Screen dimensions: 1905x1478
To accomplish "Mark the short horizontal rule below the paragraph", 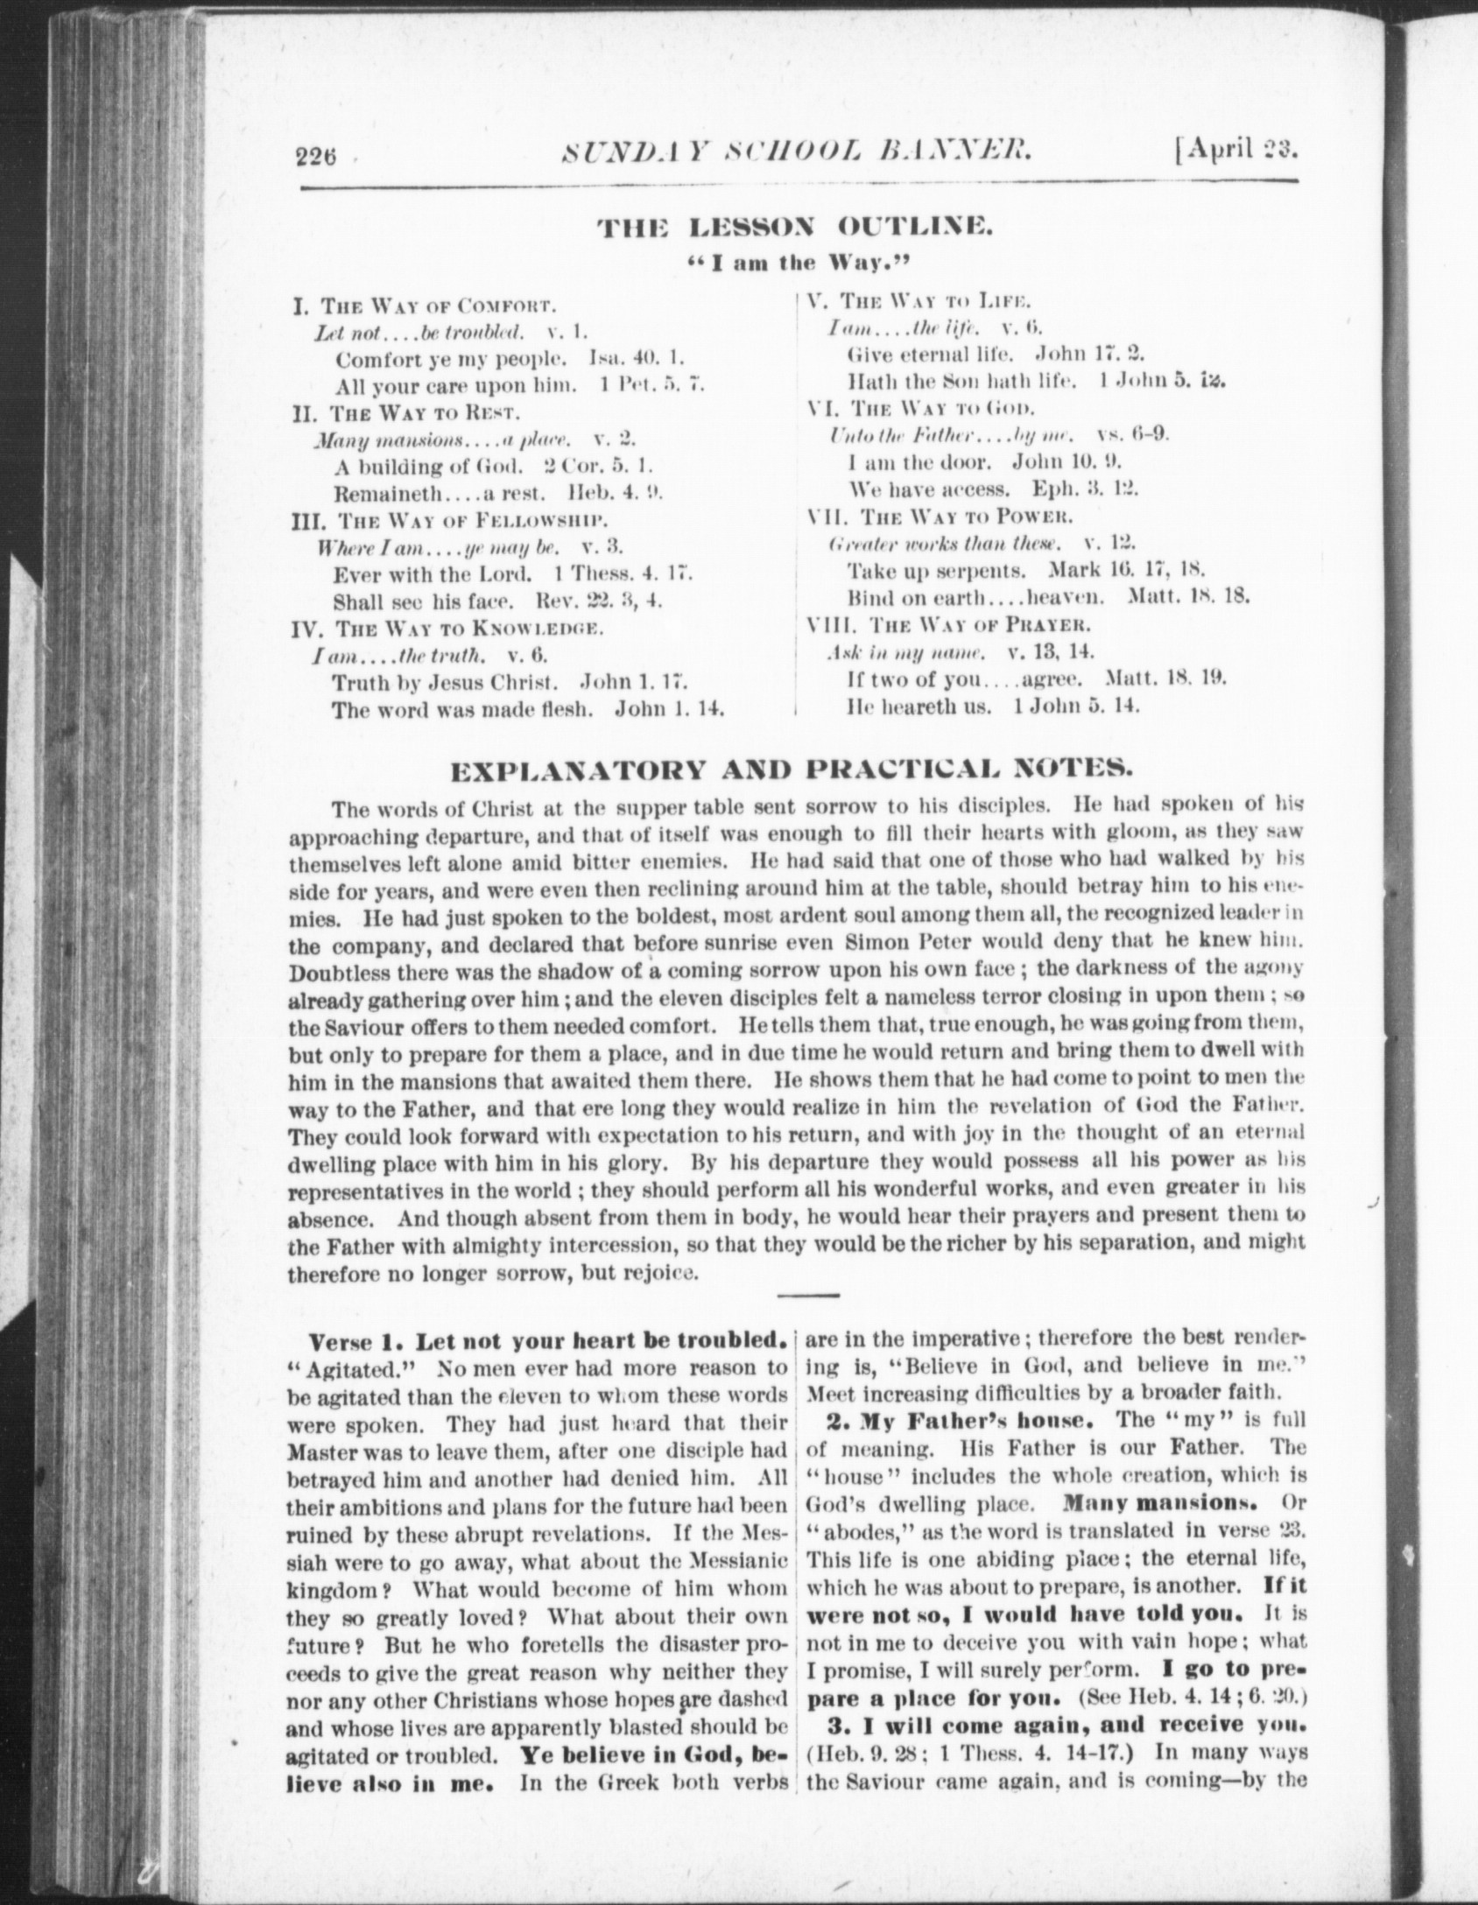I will pyautogui.click(x=807, y=1294).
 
